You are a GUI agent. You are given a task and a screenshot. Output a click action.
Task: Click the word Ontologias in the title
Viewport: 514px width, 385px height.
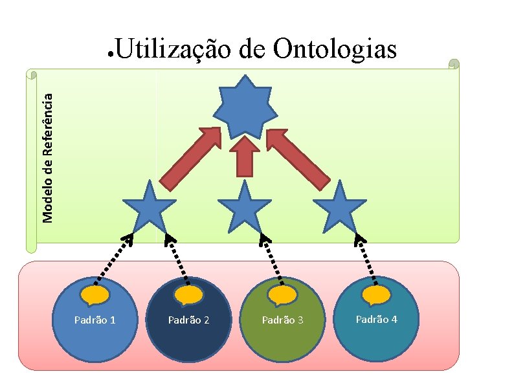335,49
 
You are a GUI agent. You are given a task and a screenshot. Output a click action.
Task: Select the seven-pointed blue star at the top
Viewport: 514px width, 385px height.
245,109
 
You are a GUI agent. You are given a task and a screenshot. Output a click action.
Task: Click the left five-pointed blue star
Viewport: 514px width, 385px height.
150,208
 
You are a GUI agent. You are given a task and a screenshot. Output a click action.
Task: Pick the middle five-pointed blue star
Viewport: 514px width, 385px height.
245,208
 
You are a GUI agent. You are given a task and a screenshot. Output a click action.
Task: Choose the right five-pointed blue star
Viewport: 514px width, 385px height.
340,208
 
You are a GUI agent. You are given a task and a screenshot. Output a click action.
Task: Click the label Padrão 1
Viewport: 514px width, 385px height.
95,320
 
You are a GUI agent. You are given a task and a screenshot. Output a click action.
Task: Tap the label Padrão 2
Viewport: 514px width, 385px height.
189,320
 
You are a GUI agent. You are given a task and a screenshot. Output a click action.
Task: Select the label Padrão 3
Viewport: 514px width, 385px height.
283,320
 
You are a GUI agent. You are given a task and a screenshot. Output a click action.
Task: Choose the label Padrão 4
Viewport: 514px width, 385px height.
377,319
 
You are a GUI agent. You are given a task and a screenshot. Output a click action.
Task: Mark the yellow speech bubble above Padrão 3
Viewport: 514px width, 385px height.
283,296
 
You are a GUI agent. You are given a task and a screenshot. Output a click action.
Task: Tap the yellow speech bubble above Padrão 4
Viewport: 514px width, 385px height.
377,295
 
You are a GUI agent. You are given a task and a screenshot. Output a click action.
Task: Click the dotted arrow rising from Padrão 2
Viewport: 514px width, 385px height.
178,259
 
